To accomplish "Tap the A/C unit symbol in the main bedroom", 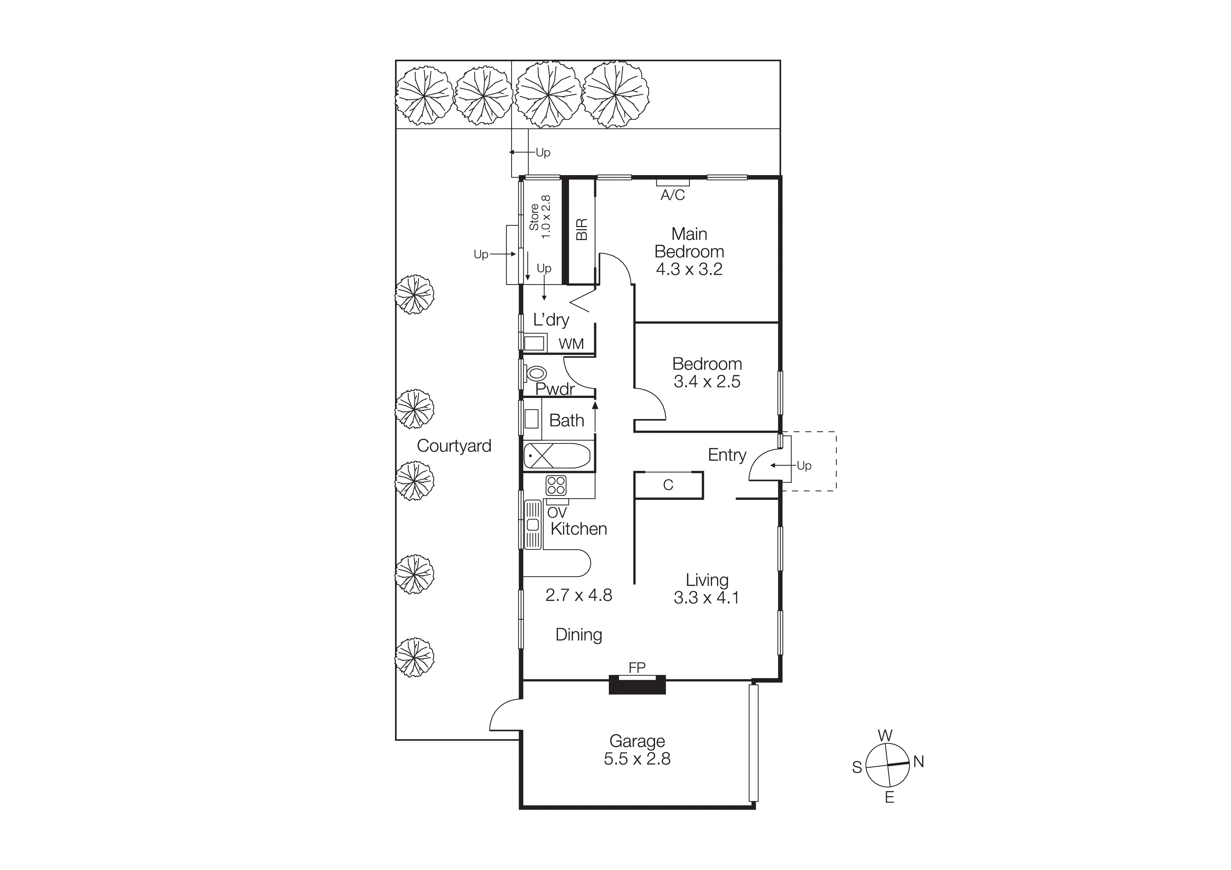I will coord(672,183).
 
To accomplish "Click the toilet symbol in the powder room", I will coord(536,373).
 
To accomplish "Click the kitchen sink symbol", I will coord(532,524).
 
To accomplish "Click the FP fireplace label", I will coord(637,668).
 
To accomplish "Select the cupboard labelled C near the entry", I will coord(668,485).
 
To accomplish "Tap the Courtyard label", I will coord(454,446).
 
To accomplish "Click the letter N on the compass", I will coord(918,761).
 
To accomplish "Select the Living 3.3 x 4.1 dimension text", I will coord(707,598).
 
